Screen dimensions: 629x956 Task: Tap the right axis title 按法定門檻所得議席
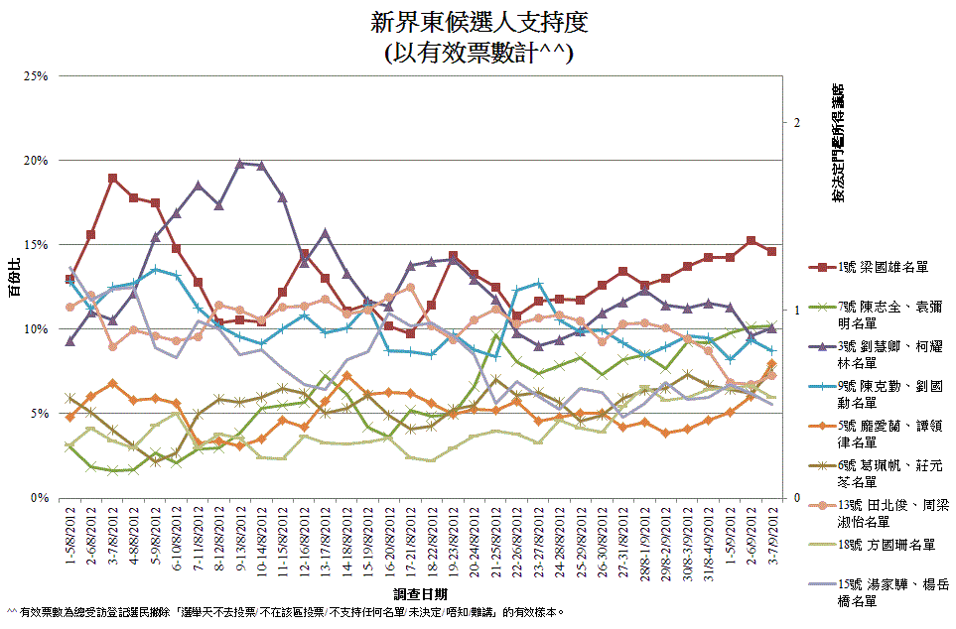pyautogui.click(x=839, y=144)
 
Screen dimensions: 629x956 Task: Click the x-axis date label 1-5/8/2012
pyautogui.click(x=70, y=537)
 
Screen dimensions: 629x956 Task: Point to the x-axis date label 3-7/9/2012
pyautogui.click(x=771, y=535)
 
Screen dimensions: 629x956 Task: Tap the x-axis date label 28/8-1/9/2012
pyautogui.click(x=643, y=542)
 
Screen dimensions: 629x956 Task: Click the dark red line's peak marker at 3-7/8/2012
pyautogui.click(x=113, y=179)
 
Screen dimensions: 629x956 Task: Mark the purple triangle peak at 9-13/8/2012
pyautogui.click(x=240, y=163)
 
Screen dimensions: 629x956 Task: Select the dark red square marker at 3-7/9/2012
pyautogui.click(x=771, y=251)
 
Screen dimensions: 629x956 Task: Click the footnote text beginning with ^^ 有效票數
pyautogui.click(x=288, y=611)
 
